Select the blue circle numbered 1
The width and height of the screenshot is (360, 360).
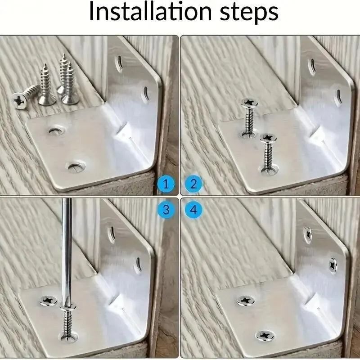[166, 184]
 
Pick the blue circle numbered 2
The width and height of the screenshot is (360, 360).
[193, 184]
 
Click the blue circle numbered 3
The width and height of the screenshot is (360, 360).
[166, 209]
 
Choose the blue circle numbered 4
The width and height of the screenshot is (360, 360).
[193, 209]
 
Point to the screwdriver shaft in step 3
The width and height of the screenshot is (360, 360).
[67, 252]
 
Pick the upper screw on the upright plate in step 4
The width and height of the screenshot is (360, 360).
[308, 233]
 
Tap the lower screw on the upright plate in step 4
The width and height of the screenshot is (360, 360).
[333, 265]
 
